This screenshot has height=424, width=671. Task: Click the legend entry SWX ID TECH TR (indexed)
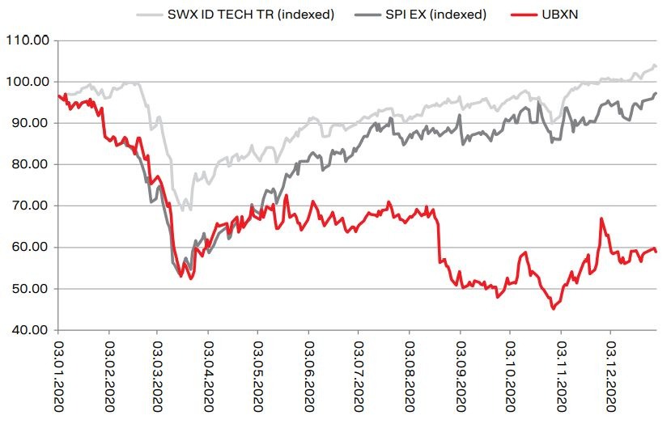(x=248, y=15)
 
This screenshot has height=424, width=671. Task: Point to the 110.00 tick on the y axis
(x=27, y=40)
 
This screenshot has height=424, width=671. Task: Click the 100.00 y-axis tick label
(x=27, y=82)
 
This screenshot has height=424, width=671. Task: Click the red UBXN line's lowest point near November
(x=554, y=308)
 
